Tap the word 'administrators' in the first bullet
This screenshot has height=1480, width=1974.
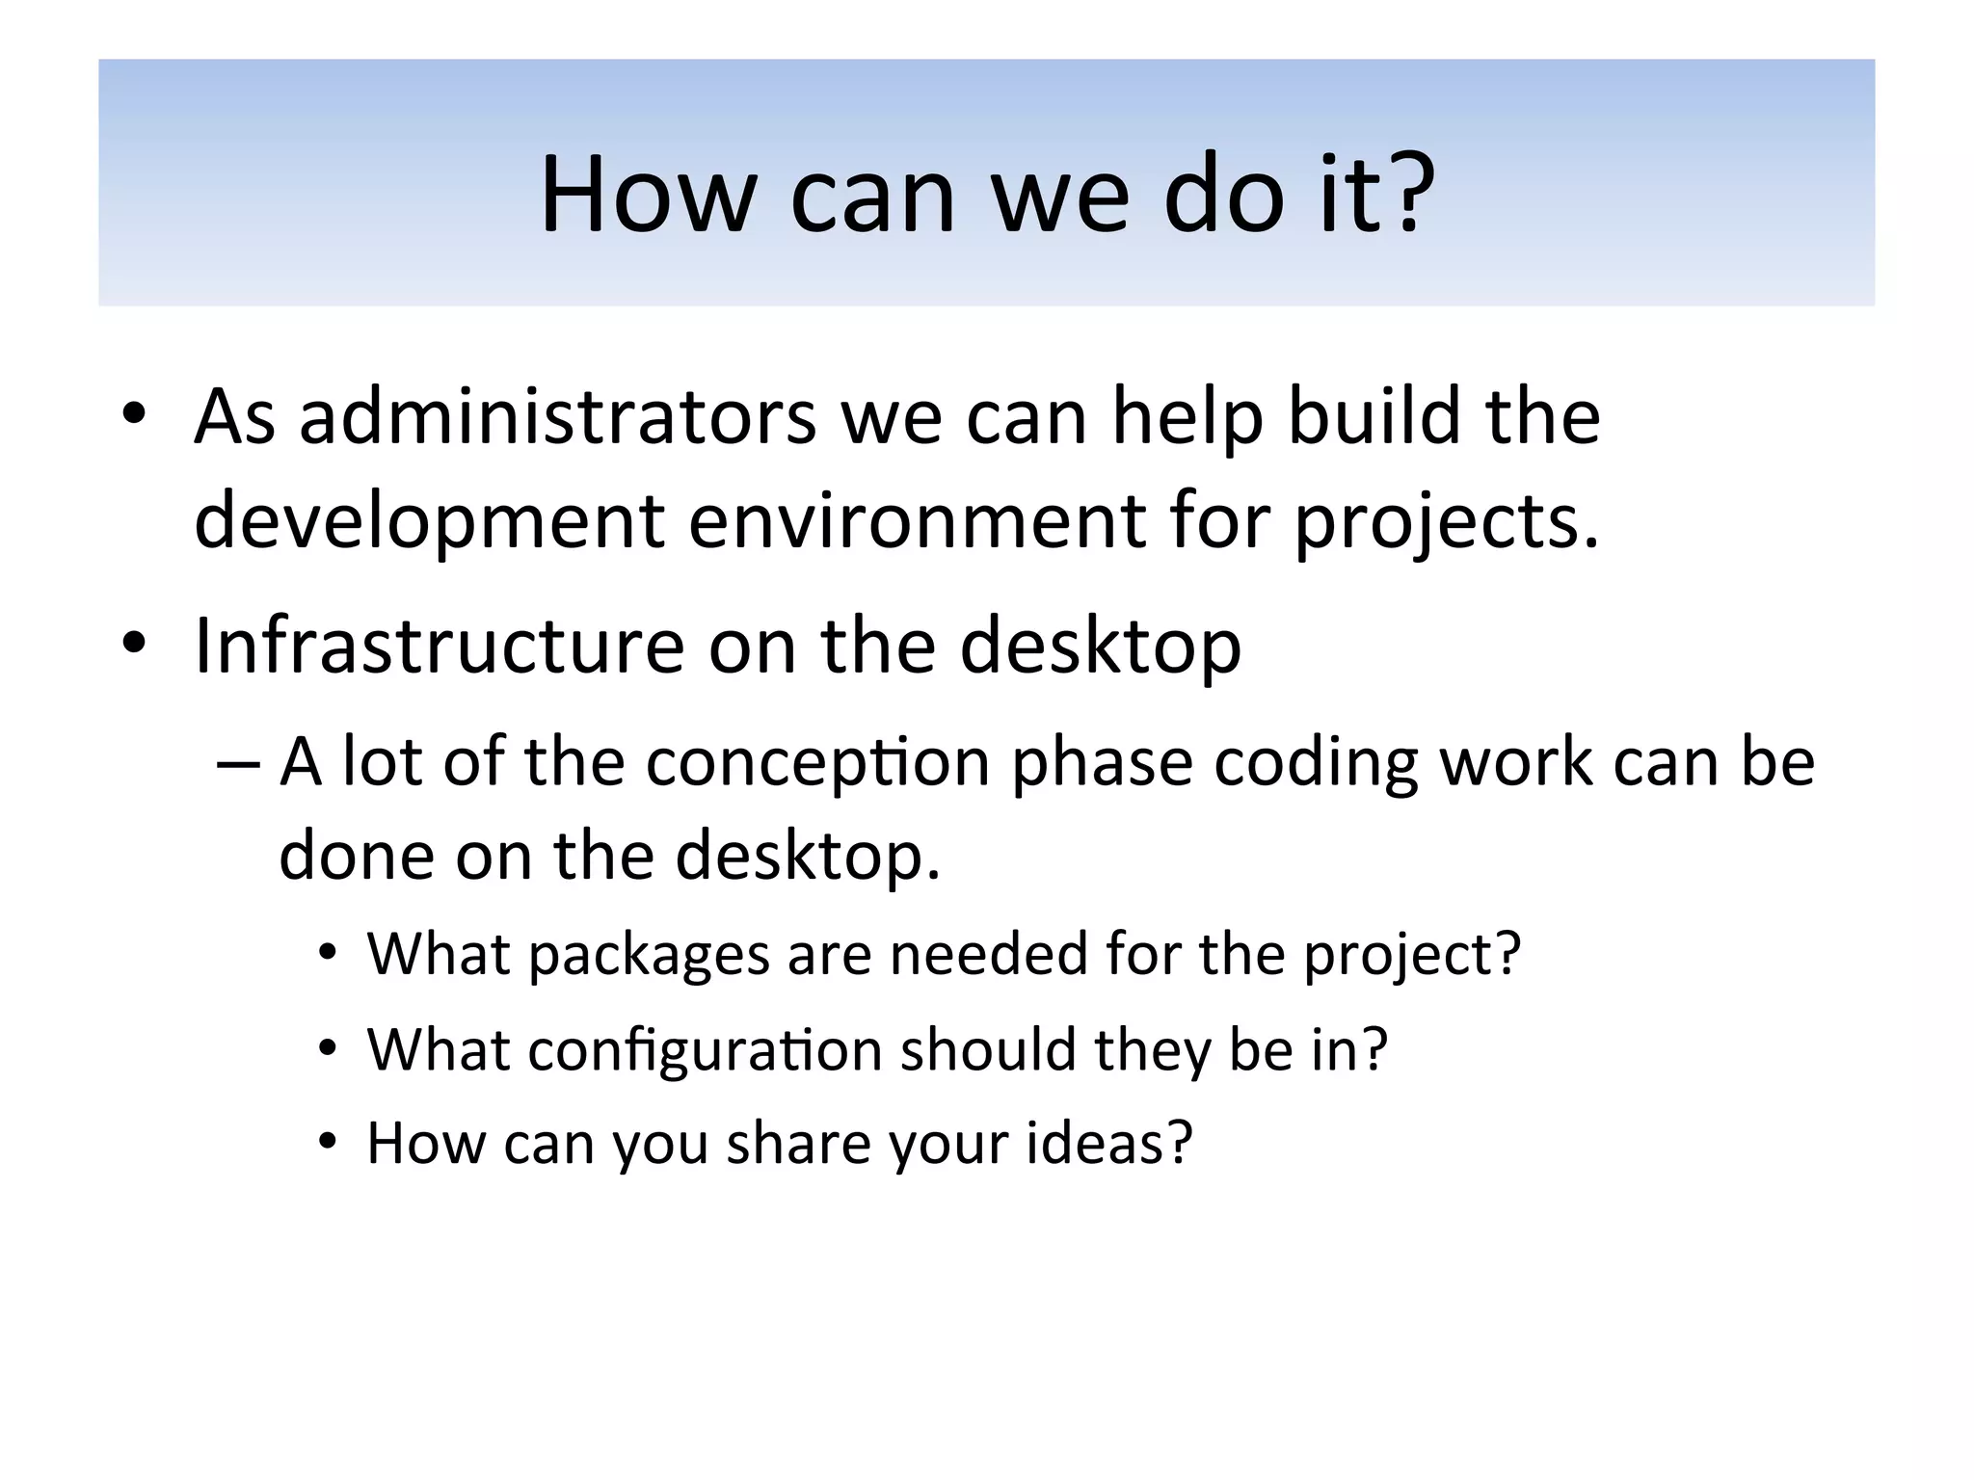557,416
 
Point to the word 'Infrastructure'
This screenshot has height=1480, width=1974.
440,646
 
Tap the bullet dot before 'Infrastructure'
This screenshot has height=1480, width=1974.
134,643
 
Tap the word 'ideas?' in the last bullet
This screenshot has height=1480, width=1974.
1109,1144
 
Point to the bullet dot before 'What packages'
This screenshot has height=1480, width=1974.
329,953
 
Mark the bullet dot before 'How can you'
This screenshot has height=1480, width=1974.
329,1142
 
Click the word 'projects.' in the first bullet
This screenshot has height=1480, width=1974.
1446,520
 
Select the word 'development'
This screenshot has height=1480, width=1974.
429,520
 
